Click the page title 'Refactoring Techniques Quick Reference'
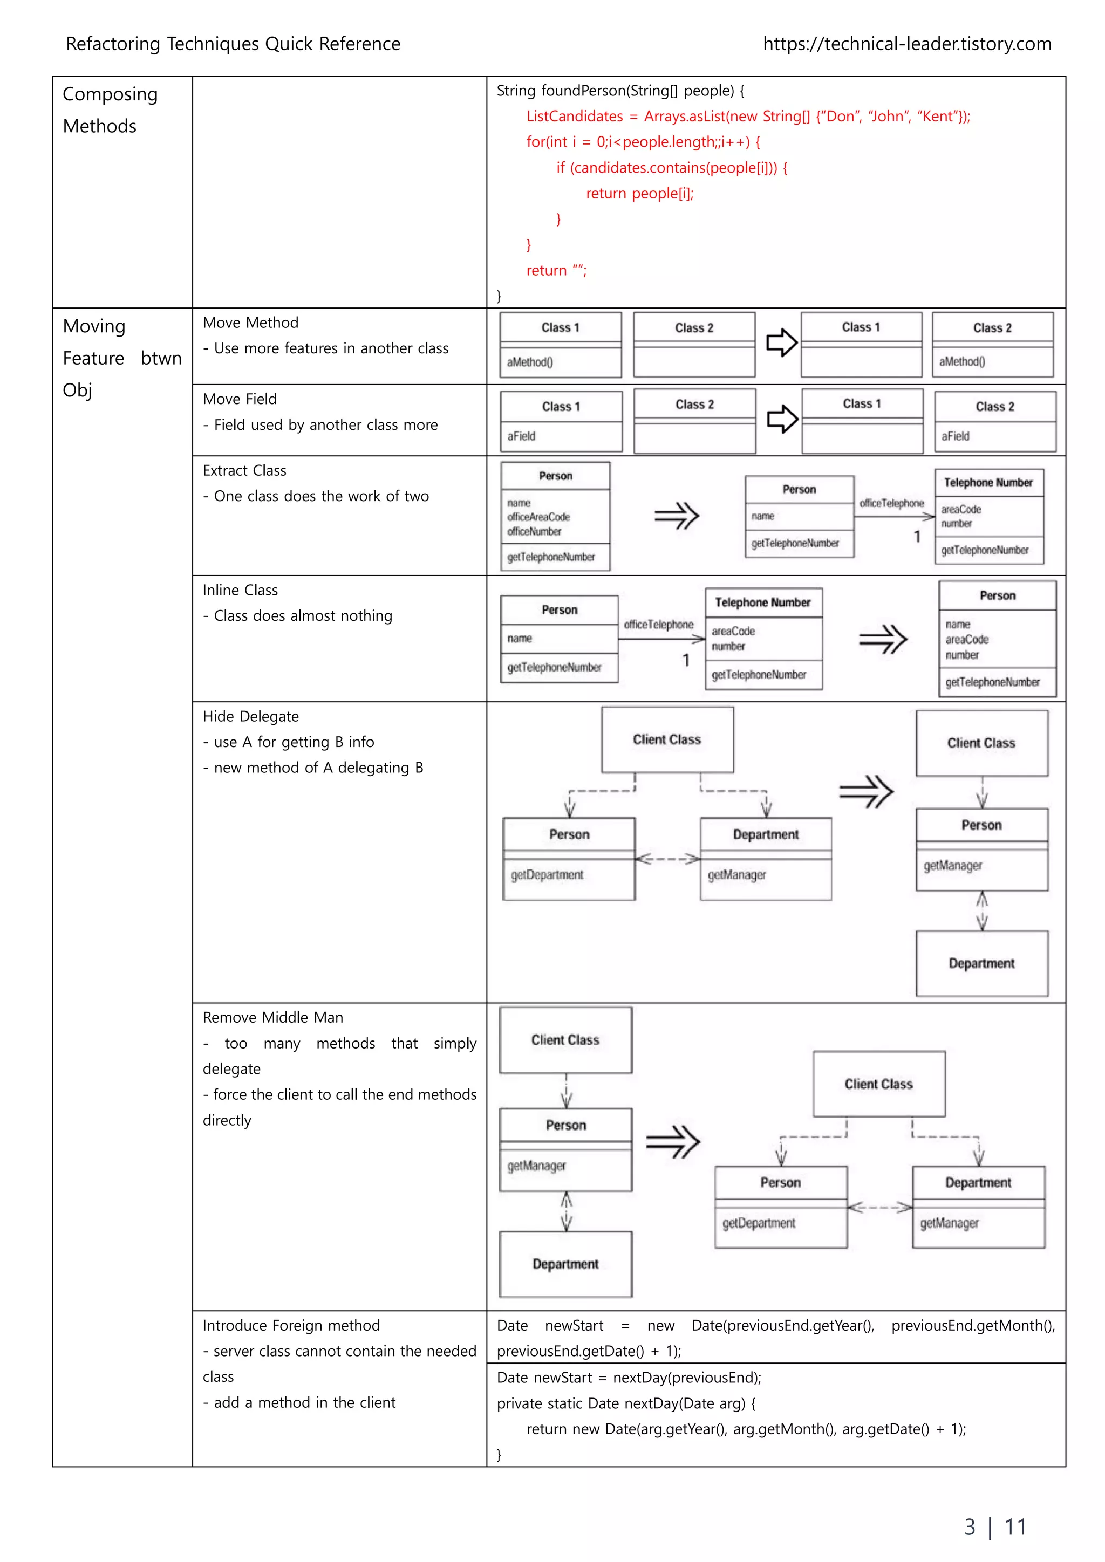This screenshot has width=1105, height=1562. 233,44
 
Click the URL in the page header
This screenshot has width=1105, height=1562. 906,44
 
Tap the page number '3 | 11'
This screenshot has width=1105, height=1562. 995,1526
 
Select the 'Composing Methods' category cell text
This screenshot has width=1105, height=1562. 110,109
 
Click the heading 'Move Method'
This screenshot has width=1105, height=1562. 250,323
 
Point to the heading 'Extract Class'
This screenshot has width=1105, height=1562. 244,470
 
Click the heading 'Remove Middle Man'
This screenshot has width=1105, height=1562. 273,1017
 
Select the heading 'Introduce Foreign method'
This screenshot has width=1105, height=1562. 291,1325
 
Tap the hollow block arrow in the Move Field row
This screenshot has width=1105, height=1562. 782,419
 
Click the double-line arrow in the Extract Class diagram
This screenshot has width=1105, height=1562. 677,516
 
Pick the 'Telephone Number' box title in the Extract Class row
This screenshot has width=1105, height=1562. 988,482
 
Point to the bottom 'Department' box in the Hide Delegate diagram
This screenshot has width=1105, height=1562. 981,963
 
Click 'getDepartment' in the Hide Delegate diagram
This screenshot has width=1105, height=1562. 547,875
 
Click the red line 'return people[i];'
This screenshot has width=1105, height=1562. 639,193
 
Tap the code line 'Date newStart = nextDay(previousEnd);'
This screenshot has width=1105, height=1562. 629,1378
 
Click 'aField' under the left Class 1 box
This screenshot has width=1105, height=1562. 521,436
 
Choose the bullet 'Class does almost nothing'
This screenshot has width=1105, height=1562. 303,615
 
